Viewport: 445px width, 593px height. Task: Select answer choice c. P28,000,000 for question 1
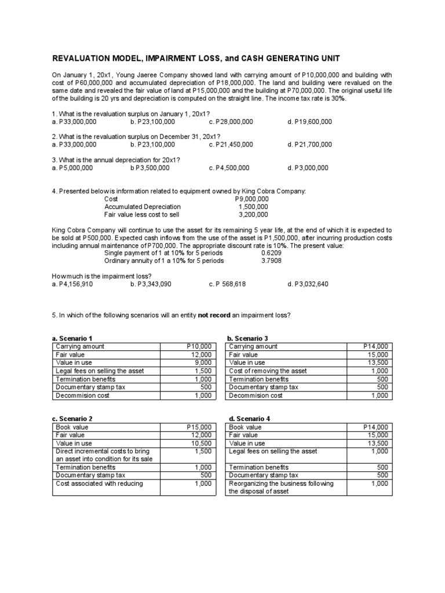230,122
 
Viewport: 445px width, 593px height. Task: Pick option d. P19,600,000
309,122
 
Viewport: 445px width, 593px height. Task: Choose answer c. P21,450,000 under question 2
230,145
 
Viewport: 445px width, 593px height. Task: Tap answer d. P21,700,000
309,145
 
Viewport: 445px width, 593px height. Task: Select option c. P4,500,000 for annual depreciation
229,168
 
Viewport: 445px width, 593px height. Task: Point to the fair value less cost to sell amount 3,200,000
253,214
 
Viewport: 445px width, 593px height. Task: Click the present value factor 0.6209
271,253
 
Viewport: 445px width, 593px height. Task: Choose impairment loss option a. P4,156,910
72,284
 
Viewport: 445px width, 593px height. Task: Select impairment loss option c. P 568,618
231,284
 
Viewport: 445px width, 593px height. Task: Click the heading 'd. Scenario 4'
246,419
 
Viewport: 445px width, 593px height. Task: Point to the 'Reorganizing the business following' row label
281,484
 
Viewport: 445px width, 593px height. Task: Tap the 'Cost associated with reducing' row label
99,484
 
